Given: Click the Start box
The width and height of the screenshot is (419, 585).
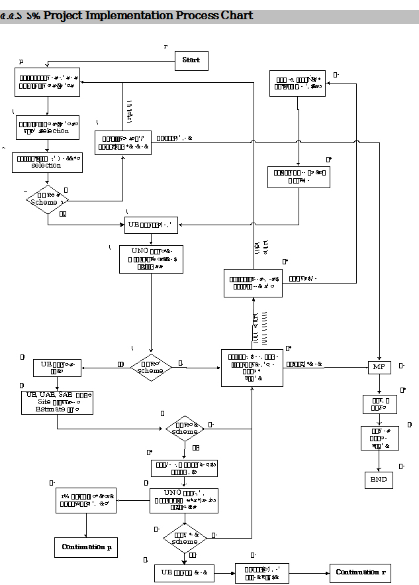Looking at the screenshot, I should point(191,60).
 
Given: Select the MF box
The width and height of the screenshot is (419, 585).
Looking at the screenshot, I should point(379,366).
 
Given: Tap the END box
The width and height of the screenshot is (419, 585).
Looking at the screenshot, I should point(379,480).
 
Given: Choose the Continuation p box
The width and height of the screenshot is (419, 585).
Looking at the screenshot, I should point(86,547).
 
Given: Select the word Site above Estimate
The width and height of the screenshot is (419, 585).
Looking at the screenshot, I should point(44,401).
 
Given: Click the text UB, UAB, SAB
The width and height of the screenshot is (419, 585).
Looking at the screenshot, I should point(50,394).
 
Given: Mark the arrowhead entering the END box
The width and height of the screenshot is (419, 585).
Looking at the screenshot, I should point(379,469).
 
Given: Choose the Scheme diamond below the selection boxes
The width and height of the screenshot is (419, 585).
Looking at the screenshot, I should point(48,199).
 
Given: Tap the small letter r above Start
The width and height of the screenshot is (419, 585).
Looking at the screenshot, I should point(165,46).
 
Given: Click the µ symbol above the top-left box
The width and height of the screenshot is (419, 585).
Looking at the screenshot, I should point(21,61).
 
